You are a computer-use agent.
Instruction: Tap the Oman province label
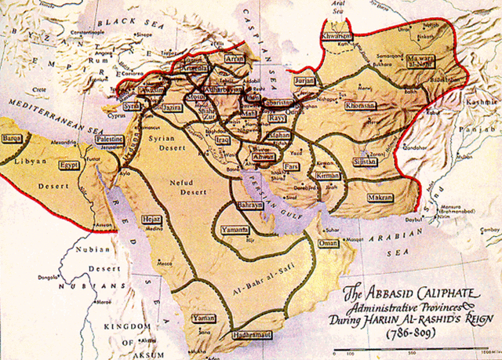click(x=328, y=244)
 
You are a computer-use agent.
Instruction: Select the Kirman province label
click(x=328, y=176)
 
